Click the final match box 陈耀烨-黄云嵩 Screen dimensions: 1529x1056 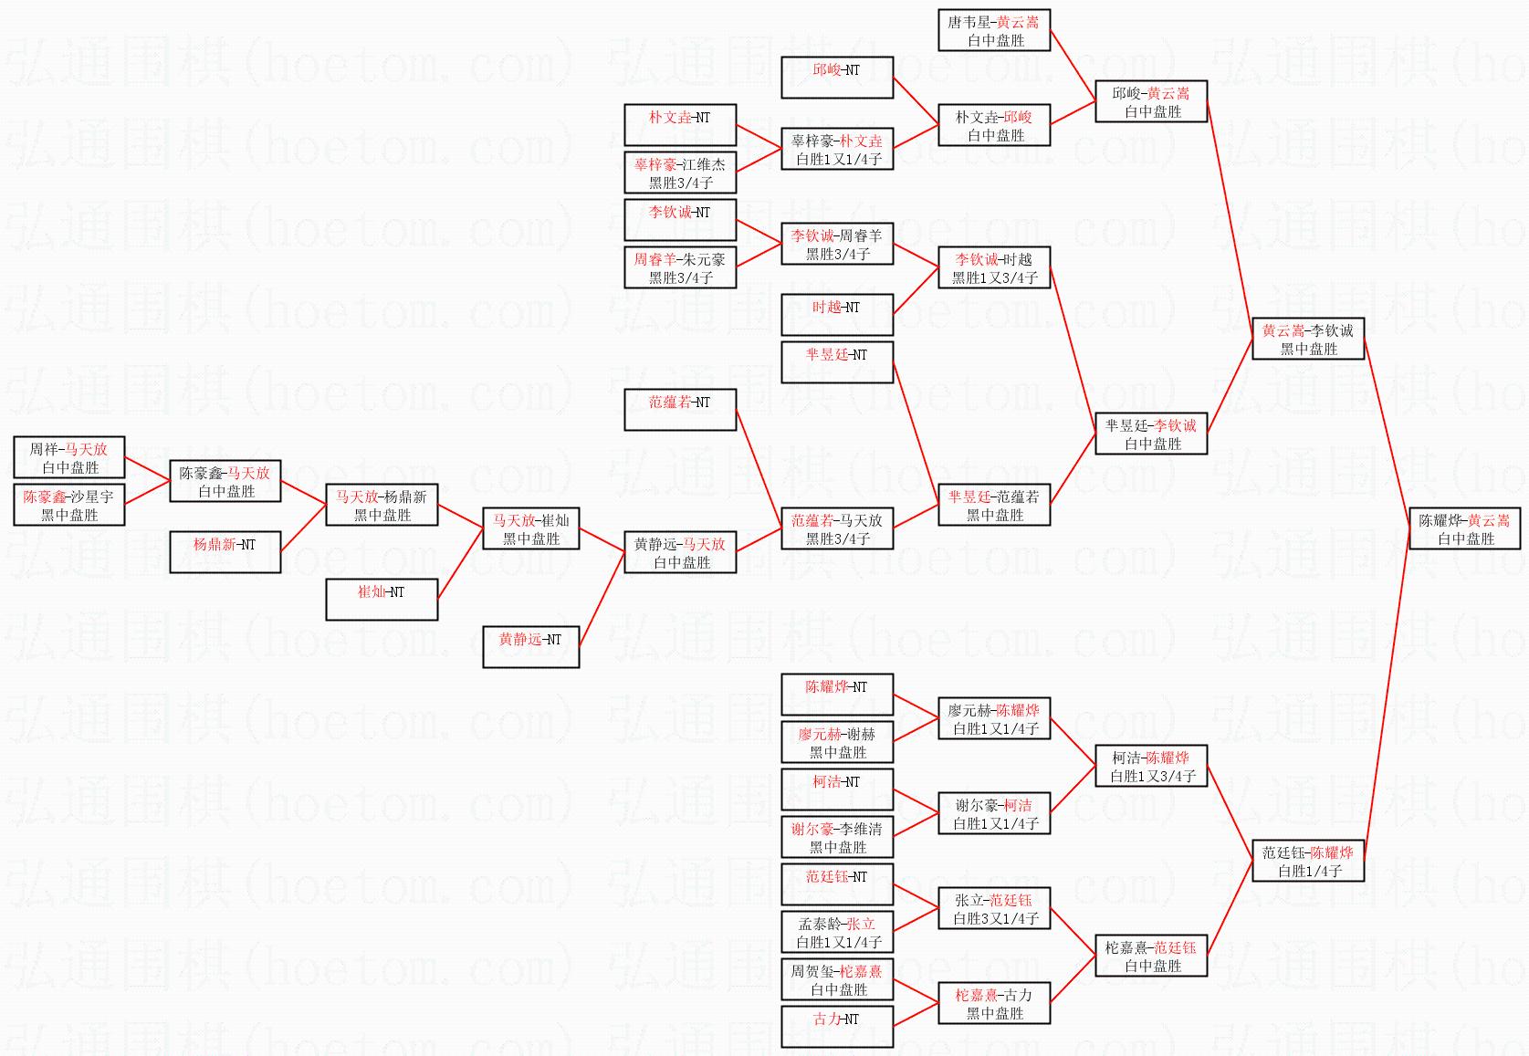pyautogui.click(x=1465, y=528)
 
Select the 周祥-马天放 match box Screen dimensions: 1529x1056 pyautogui.click(x=69, y=457)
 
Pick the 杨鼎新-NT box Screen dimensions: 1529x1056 pyautogui.click(x=225, y=552)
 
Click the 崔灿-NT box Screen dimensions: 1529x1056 pyautogui.click(x=382, y=600)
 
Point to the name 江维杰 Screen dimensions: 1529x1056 pyautogui.click(x=704, y=164)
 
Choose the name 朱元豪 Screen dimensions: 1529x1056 pyautogui.click(x=704, y=259)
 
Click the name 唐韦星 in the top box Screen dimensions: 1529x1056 pyautogui.click(x=969, y=23)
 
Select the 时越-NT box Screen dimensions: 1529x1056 pyautogui.click(x=837, y=315)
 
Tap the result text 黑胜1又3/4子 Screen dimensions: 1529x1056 pyautogui.click(x=994, y=277)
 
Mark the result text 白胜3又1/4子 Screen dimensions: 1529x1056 pyautogui.click(x=995, y=919)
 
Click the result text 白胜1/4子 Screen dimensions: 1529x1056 pyautogui.click(x=1309, y=871)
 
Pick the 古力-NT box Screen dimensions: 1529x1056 pyautogui.click(x=837, y=1027)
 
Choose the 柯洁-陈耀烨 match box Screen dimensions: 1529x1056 pyautogui.click(x=1151, y=766)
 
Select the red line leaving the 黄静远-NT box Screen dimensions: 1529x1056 pyautogui.click(x=602, y=600)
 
